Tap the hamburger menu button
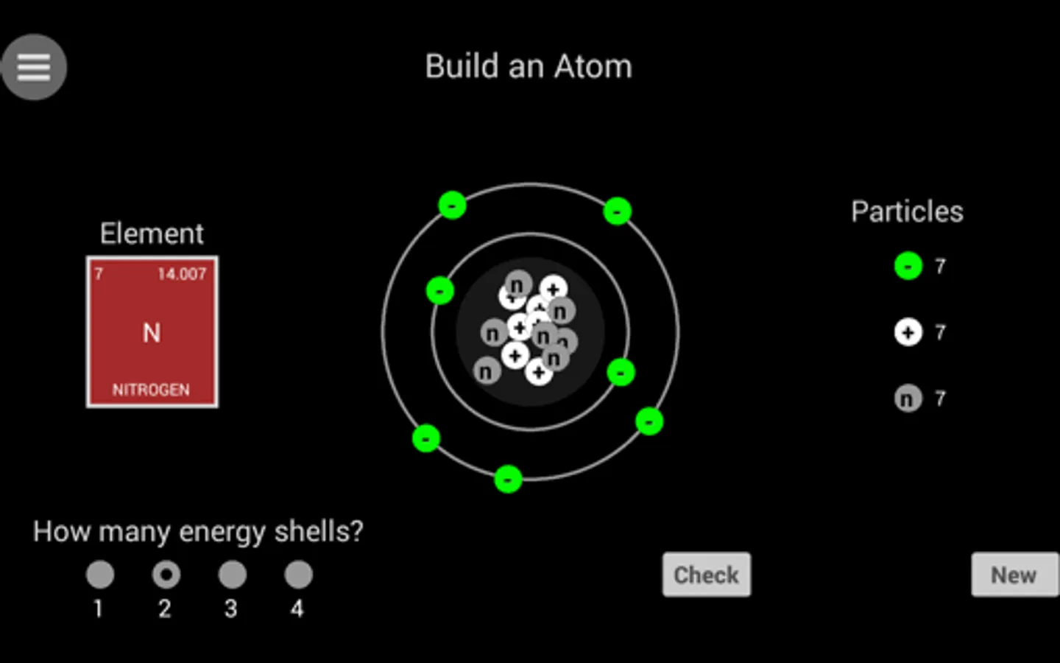click(x=34, y=67)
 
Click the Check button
click(x=707, y=575)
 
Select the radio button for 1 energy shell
click(x=100, y=575)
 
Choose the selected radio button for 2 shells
click(x=166, y=575)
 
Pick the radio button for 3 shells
click(x=233, y=575)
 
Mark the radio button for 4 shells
click(x=299, y=575)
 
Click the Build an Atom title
click(x=529, y=66)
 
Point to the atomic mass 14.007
click(x=182, y=274)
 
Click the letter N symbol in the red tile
click(x=152, y=333)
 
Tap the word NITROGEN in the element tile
click(x=151, y=390)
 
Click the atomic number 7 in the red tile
click(x=99, y=274)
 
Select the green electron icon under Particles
click(x=908, y=266)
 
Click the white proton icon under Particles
click(x=908, y=332)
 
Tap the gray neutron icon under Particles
click(x=908, y=399)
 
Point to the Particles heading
click(x=907, y=211)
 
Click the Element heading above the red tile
click(x=152, y=234)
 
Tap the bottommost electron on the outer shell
click(x=508, y=480)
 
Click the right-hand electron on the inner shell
click(x=621, y=372)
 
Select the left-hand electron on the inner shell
click(x=440, y=291)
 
